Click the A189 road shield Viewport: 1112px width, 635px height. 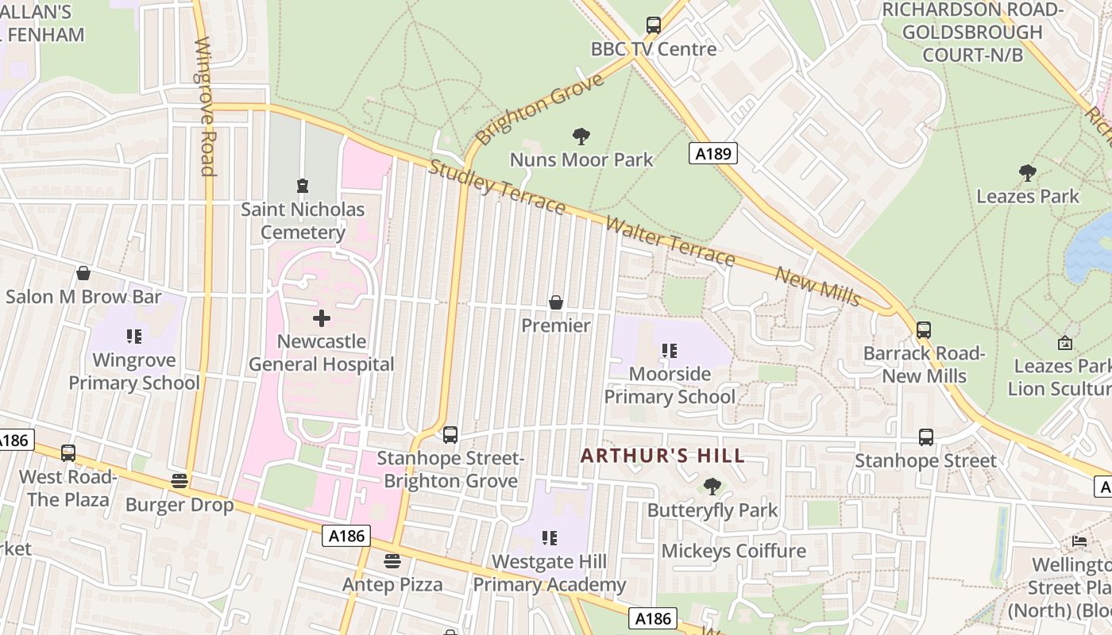[x=712, y=153]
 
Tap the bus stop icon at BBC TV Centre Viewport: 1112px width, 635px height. [x=653, y=25]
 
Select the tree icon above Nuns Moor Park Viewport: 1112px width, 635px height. [x=581, y=137]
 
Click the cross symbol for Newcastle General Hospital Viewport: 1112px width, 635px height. [x=322, y=318]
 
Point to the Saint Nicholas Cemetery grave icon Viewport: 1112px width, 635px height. [x=302, y=186]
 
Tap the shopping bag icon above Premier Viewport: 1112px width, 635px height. [x=556, y=302]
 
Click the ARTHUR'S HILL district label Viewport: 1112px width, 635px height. [x=662, y=456]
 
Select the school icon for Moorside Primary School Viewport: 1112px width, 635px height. [x=670, y=350]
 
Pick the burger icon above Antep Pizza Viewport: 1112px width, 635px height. [x=392, y=561]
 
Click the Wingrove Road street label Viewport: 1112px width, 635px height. [x=204, y=106]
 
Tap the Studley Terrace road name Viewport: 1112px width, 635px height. [x=497, y=187]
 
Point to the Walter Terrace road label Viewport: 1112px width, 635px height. [x=670, y=241]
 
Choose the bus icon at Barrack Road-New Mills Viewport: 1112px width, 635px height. [x=923, y=329]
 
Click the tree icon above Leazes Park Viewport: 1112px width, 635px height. [x=1027, y=172]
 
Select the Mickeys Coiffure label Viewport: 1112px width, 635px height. [x=733, y=551]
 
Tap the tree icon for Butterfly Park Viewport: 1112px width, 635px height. [x=712, y=486]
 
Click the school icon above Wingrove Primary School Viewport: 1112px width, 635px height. [x=134, y=337]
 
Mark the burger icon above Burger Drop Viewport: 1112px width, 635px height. [x=180, y=481]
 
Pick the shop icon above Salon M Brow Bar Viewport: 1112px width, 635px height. [x=83, y=274]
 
